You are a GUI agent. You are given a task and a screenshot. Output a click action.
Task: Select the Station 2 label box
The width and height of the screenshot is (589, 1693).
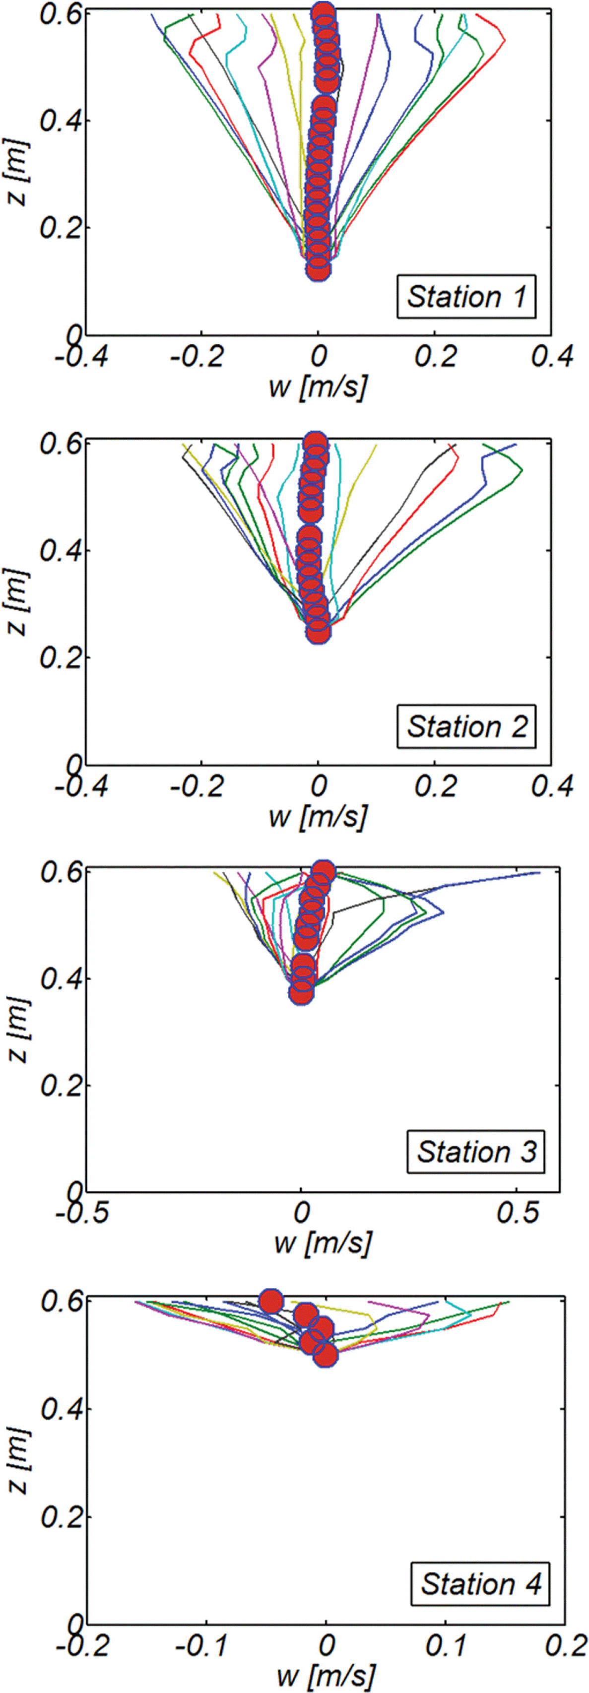coord(466,726)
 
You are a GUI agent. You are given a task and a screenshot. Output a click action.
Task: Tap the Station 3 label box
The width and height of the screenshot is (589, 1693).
coord(476,1152)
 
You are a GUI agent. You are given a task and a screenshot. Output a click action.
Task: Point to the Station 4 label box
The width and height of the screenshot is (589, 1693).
coord(480,1584)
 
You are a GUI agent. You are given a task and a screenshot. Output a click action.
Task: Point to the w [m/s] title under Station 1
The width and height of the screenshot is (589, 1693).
coord(318,387)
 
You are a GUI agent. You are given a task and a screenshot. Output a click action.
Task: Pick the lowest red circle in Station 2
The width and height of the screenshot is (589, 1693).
coord(318,632)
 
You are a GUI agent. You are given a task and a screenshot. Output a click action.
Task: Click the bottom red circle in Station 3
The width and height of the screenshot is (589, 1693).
coord(301,993)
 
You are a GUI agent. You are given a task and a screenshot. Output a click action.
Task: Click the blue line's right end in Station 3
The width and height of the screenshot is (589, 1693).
coord(539,873)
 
